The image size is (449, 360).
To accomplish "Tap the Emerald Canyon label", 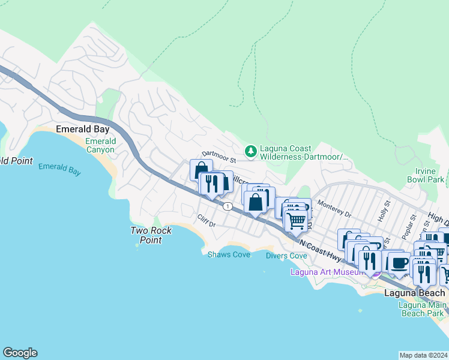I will (101, 146).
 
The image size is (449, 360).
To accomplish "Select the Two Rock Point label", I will (151, 235).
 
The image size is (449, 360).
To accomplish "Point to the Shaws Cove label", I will (229, 255).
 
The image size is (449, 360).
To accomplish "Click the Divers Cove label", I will (286, 256).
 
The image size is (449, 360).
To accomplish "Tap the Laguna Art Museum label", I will (327, 272).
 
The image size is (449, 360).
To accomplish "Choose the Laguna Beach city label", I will (414, 293).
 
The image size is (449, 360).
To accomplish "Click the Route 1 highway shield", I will (228, 207).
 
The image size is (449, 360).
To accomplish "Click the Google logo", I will (20, 353).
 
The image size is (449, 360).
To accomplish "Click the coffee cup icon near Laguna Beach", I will (399, 262).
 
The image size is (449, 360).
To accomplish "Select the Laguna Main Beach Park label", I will (423, 308).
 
